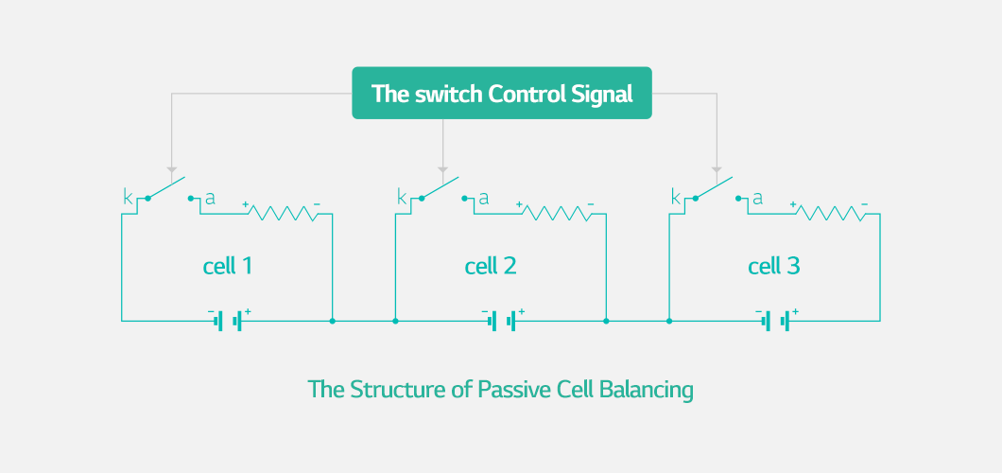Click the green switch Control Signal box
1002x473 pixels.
click(502, 94)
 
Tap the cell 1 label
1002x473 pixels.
click(228, 266)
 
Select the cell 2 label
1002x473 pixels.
click(491, 266)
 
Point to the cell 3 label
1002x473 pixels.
click(774, 266)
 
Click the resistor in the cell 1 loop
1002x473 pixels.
click(283, 214)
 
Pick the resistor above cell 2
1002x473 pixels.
click(557, 214)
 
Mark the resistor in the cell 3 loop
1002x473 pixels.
click(831, 214)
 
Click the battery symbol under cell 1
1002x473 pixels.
click(228, 321)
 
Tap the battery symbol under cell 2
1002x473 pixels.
click(502, 321)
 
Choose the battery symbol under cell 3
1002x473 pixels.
click(776, 321)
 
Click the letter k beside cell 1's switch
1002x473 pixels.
click(128, 197)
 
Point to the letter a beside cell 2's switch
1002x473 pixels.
click(484, 198)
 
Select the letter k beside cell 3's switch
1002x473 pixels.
click(676, 197)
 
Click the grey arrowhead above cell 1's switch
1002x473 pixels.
click(171, 170)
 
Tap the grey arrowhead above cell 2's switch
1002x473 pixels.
click(442, 170)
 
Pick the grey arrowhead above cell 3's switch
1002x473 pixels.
click(717, 170)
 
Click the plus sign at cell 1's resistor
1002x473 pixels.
click(246, 204)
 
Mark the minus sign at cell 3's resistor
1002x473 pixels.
click(864, 204)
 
